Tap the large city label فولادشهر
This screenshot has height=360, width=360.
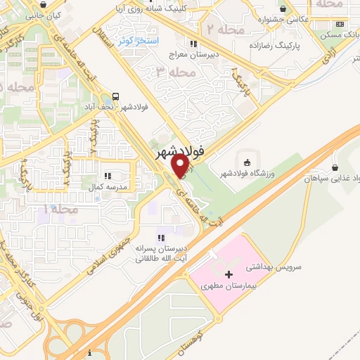(x=179, y=149)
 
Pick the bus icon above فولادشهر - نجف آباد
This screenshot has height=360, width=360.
(x=115, y=97)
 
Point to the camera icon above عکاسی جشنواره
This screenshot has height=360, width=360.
(x=283, y=9)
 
